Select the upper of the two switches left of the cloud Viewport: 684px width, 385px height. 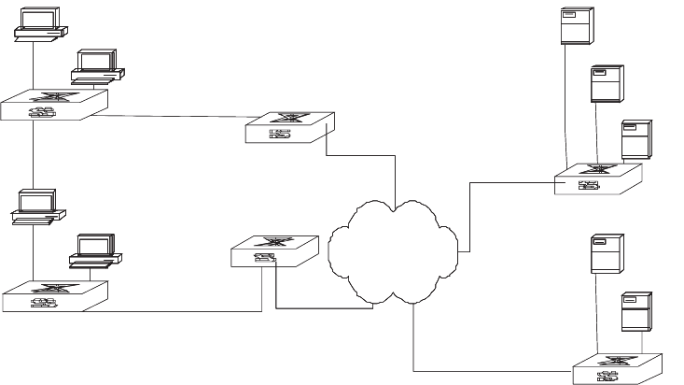click(285, 128)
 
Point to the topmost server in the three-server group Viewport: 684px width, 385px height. click(575, 26)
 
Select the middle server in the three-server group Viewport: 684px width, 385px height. click(607, 83)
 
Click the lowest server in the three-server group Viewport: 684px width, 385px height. click(636, 141)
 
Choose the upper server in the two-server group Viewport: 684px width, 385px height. click(607, 254)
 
